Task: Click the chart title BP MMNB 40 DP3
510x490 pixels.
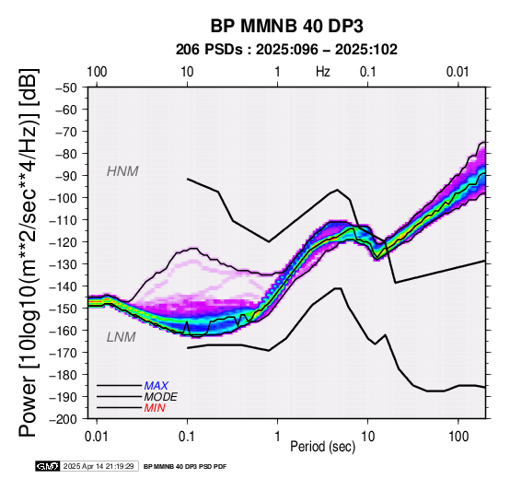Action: tap(286, 26)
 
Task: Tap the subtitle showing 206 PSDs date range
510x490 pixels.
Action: tap(286, 50)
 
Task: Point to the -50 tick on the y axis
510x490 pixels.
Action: tap(66, 87)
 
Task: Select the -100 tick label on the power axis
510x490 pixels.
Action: tap(64, 198)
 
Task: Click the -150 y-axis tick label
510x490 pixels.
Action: tap(64, 309)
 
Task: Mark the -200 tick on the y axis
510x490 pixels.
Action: tap(64, 419)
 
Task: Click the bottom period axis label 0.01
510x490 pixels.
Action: tap(97, 437)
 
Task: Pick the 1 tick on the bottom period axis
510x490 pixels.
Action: tap(277, 437)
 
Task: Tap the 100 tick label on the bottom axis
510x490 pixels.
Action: tap(458, 437)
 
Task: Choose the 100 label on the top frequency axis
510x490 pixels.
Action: tap(97, 72)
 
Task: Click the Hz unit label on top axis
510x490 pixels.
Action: tap(322, 72)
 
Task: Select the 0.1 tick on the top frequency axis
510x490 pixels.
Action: tap(368, 72)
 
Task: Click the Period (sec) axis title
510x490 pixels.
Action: tap(322, 447)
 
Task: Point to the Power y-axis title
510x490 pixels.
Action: tap(28, 252)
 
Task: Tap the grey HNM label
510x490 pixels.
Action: tap(122, 171)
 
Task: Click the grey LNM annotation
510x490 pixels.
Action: tap(121, 337)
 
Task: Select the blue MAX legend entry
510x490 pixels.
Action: tap(156, 386)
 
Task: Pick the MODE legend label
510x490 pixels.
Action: tap(161, 397)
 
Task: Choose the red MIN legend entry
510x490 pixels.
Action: tap(155, 408)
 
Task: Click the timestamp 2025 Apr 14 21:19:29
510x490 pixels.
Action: tap(99, 467)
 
